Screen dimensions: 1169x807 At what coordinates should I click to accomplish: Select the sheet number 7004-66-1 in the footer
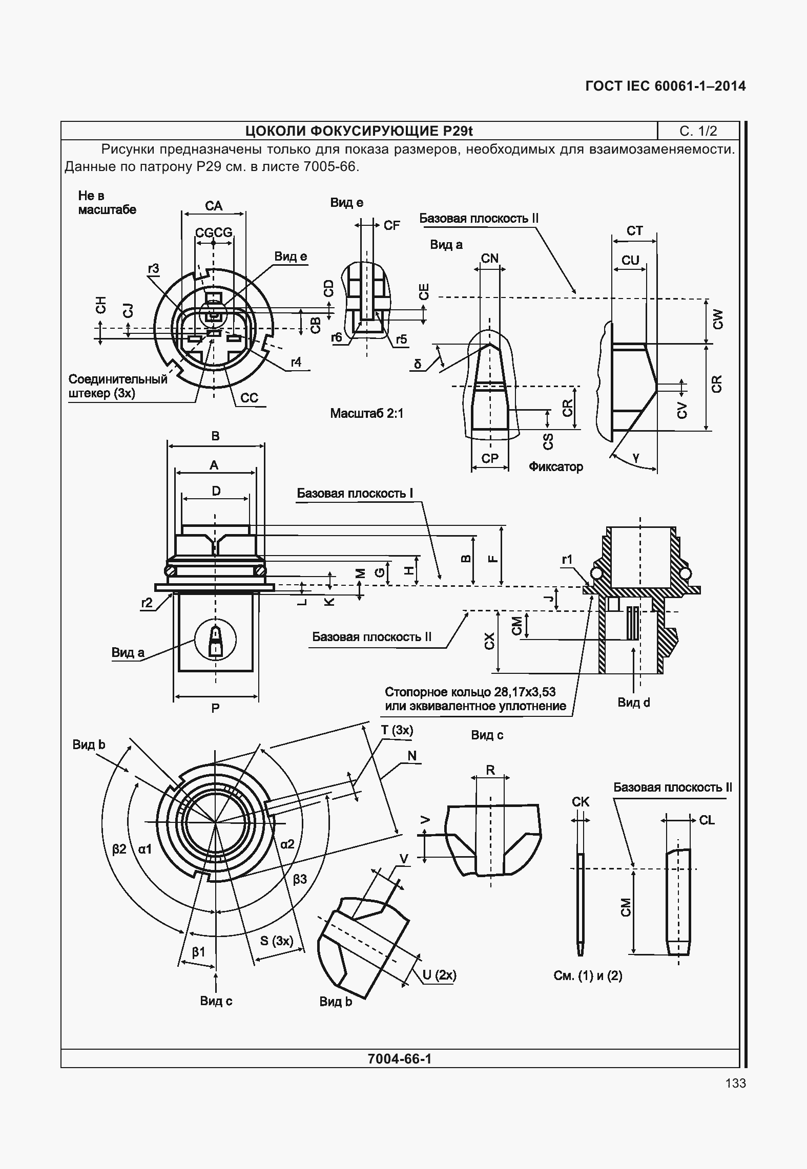click(x=400, y=1058)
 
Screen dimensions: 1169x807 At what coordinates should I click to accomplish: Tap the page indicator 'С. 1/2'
click(x=698, y=131)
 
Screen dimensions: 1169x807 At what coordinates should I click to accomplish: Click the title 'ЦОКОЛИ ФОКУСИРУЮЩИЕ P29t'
click(x=359, y=131)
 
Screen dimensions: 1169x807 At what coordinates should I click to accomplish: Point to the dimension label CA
click(x=214, y=206)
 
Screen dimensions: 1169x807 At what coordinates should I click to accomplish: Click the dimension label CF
click(x=391, y=226)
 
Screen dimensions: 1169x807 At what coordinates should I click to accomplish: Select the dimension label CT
click(x=634, y=231)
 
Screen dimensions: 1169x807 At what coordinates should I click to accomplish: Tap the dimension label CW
click(x=718, y=320)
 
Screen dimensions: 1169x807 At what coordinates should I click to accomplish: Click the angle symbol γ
click(x=636, y=458)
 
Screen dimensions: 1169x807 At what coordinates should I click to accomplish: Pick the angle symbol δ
click(x=418, y=364)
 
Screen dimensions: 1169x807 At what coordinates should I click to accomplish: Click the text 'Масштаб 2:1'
click(x=367, y=413)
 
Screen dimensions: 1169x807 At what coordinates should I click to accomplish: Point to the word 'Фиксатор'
click(x=556, y=467)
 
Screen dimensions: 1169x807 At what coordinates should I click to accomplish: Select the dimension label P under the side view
click(x=215, y=708)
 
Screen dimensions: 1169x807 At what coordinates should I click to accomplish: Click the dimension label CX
click(x=490, y=642)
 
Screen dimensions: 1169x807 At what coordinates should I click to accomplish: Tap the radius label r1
click(x=567, y=560)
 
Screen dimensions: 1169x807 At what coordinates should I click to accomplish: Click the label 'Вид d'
click(x=633, y=703)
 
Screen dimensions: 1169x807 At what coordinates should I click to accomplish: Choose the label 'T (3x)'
click(x=397, y=730)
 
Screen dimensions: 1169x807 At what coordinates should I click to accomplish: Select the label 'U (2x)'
click(x=439, y=975)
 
